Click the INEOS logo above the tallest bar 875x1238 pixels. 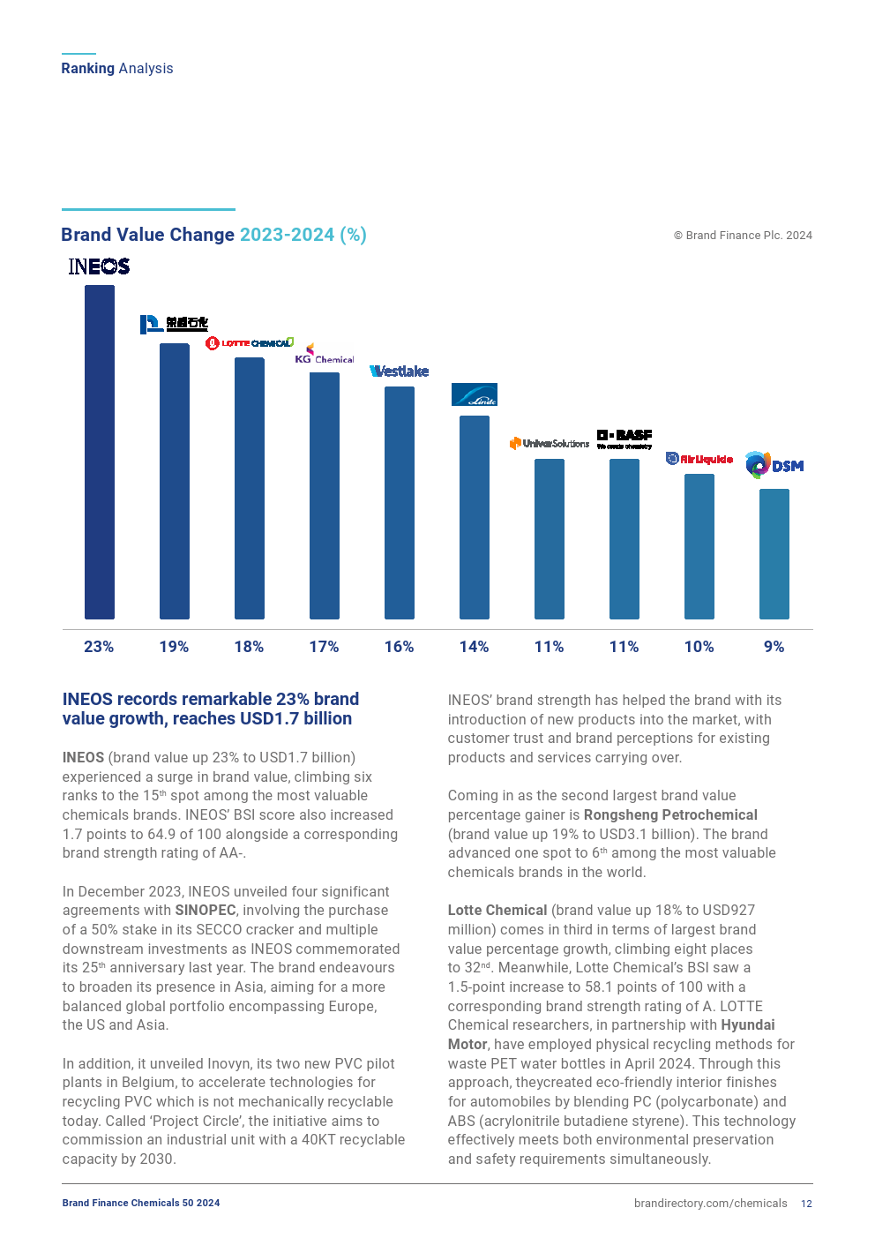point(99,266)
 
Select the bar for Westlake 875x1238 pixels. point(400,502)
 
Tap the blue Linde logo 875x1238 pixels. point(475,394)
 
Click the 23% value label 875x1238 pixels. point(99,647)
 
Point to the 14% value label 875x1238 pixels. point(474,647)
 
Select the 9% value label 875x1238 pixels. point(774,647)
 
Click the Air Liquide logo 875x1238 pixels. point(699,459)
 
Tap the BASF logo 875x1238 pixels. point(624,439)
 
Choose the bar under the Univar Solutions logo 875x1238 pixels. point(550,538)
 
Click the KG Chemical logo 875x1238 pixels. point(325,355)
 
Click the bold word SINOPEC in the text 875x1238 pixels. point(206,911)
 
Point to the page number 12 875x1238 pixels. point(806,1204)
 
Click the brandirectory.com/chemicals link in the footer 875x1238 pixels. point(710,1204)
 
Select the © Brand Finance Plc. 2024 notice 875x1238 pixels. point(743,236)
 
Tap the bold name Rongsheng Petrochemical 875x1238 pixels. point(670,815)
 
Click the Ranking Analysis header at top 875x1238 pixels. point(117,69)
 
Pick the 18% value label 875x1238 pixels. point(249,647)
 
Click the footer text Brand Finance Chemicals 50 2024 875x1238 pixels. point(141,1203)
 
